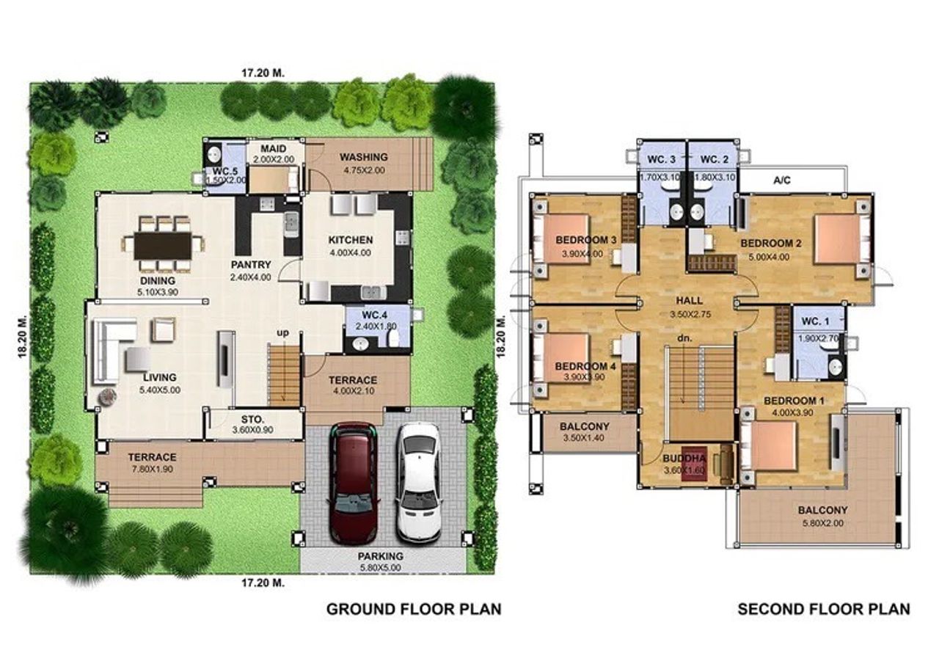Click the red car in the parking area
[353, 483]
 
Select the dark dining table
[163, 246]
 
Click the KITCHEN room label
[351, 240]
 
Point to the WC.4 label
[374, 315]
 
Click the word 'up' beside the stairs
[282, 333]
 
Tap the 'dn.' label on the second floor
[684, 338]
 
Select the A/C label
[782, 180]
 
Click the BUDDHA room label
[684, 459]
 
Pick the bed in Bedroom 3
[561, 239]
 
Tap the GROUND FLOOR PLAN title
[414, 609]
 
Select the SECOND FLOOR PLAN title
[824, 609]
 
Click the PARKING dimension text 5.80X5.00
[380, 568]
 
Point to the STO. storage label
[253, 419]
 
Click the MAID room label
[274, 148]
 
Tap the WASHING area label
[363, 157]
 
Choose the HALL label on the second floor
[689, 301]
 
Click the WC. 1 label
[815, 321]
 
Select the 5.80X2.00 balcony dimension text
[823, 523]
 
